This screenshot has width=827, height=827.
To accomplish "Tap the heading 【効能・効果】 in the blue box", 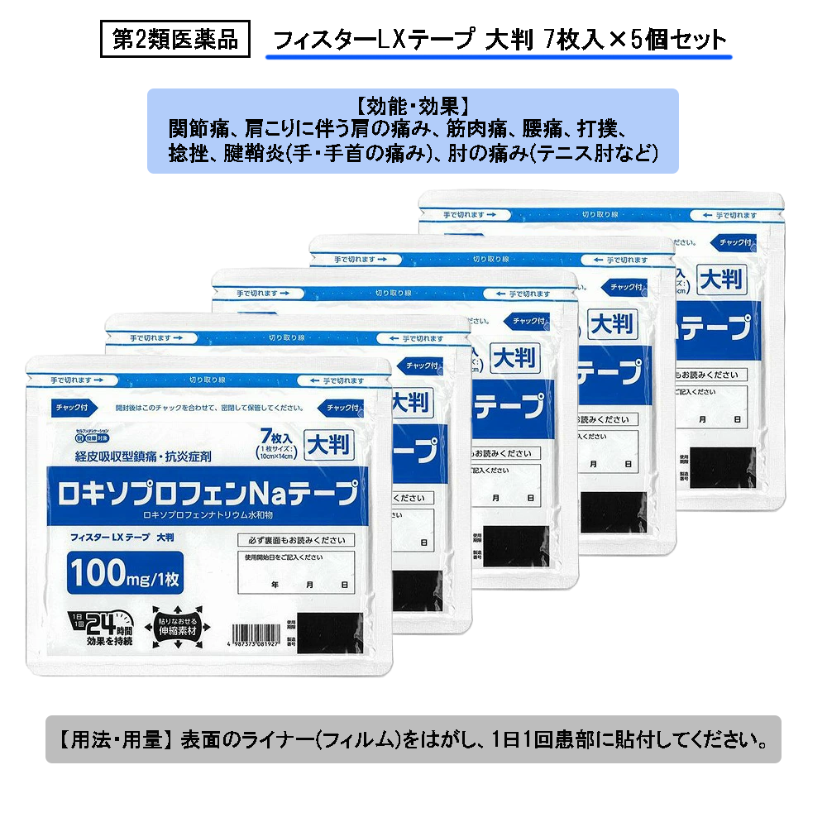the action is click(x=413, y=107).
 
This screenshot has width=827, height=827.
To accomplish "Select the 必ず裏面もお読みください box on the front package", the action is click(x=295, y=540).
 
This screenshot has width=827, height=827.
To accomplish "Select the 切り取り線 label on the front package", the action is click(x=206, y=380).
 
